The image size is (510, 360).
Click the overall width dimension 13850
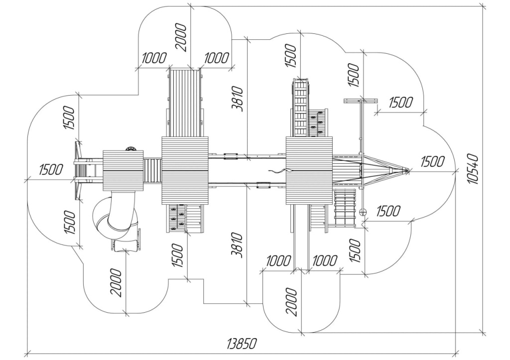[x=242, y=344]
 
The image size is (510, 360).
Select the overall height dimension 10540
[x=472, y=169]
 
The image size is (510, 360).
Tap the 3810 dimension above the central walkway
[x=238, y=99]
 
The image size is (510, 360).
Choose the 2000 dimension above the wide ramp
[x=181, y=37]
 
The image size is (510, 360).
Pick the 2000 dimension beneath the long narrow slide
[x=291, y=302]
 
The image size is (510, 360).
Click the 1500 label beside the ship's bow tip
[x=432, y=161]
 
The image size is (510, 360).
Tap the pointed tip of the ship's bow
[x=407, y=170]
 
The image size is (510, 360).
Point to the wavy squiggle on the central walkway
[x=282, y=170]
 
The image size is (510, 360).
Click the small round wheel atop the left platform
[x=131, y=148]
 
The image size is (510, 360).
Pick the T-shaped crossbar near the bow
[x=361, y=101]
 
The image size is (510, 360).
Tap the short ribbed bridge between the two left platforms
[x=152, y=170]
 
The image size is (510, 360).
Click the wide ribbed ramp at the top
[x=185, y=103]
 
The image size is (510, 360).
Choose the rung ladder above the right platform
[x=300, y=108]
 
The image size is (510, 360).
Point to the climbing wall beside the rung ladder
[x=317, y=122]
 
